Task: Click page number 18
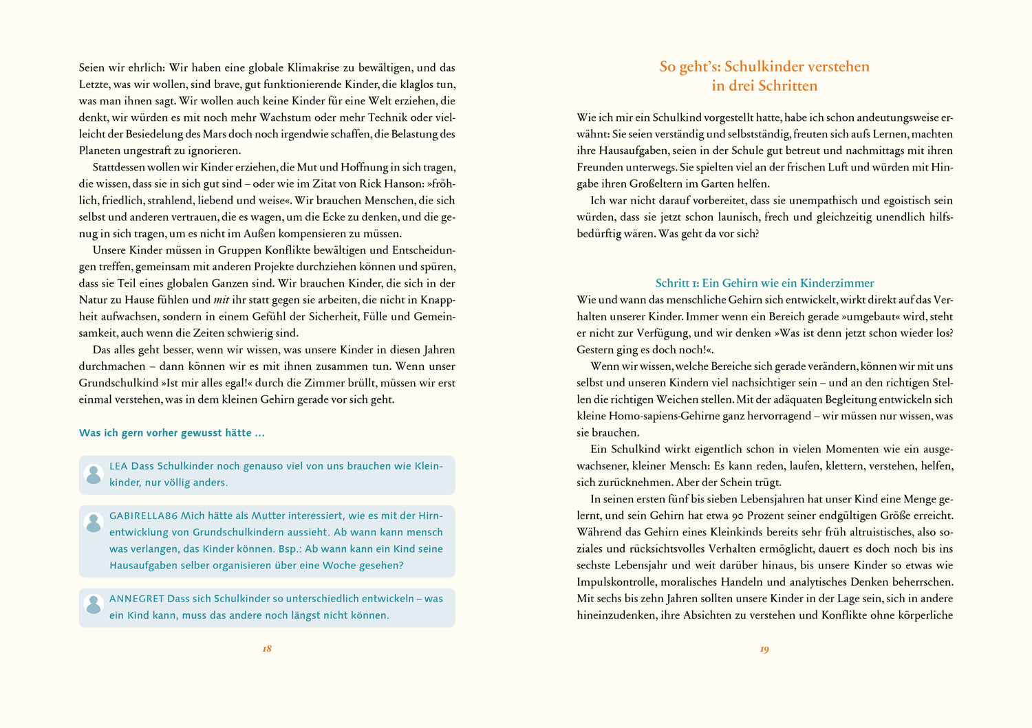(x=267, y=649)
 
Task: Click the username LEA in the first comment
(x=118, y=466)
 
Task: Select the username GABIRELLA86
(x=143, y=516)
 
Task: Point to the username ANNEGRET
(x=136, y=599)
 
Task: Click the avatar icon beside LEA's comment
(x=94, y=474)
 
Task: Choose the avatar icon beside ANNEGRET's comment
(x=94, y=604)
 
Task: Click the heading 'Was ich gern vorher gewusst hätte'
(x=171, y=433)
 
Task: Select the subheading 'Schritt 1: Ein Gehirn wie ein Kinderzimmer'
(x=764, y=283)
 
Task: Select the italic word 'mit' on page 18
(x=222, y=300)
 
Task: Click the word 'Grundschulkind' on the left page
(x=118, y=383)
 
